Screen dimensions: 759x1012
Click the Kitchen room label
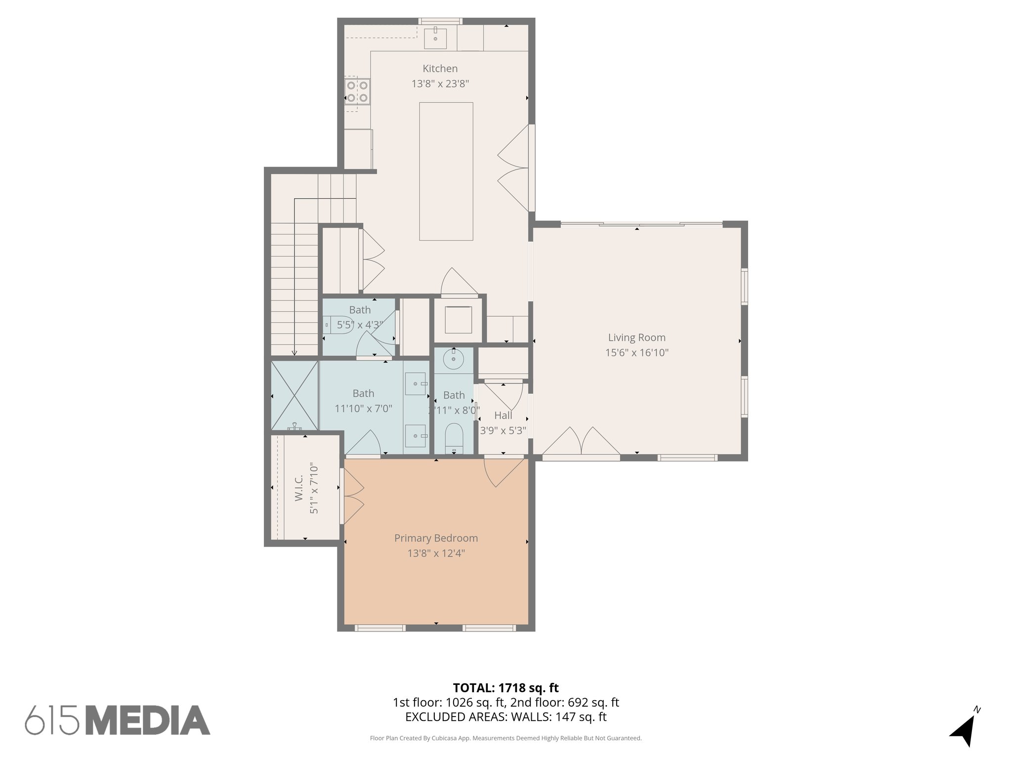440,69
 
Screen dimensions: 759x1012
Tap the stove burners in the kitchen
357,91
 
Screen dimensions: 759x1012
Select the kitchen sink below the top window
435,39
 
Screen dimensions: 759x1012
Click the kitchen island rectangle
446,171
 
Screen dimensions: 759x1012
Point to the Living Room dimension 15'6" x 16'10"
636,353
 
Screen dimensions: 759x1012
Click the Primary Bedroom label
436,538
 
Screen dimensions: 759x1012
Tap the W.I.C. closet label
299,489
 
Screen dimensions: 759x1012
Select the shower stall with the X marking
294,395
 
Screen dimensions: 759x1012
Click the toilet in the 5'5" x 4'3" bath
338,326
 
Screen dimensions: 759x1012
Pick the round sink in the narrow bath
453,359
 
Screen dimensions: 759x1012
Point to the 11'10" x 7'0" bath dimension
363,409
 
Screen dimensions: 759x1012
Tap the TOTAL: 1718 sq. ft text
506,688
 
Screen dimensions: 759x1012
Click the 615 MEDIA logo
118,720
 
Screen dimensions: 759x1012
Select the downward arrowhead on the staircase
295,353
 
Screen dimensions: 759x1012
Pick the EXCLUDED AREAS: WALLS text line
506,717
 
